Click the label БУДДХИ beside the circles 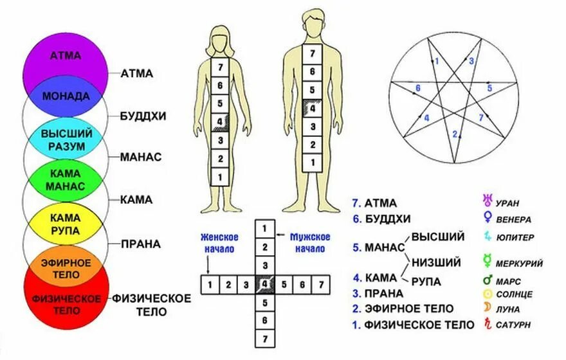pos(143,116)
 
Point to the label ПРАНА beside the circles pos(140,244)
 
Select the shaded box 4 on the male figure pos(312,108)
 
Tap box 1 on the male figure pos(312,164)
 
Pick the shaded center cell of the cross pos(264,283)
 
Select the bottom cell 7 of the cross pos(264,338)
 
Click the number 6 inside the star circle pos(418,89)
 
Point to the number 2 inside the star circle pos(455,135)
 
